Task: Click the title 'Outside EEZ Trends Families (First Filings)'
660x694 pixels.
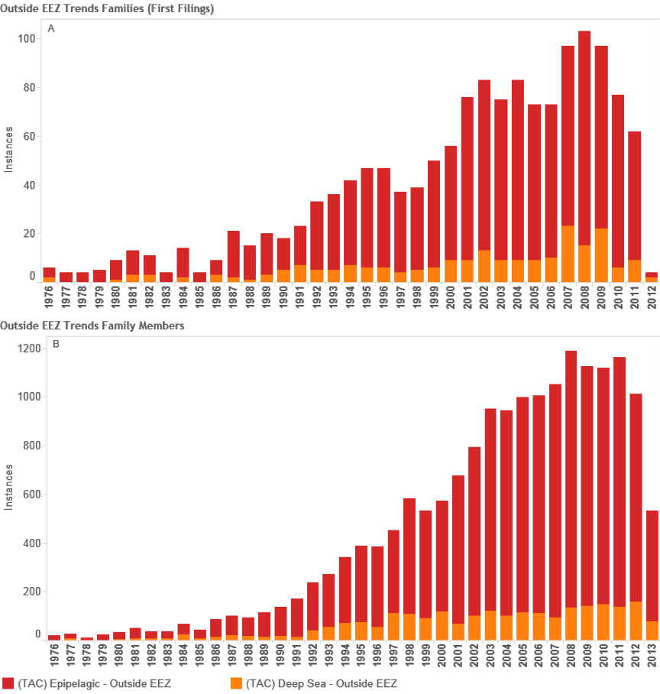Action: coord(106,9)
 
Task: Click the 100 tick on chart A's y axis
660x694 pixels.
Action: coord(27,38)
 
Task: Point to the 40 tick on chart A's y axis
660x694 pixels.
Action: coord(29,185)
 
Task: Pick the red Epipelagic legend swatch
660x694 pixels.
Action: coord(9,683)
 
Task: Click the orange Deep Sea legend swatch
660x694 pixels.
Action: coord(236,683)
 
